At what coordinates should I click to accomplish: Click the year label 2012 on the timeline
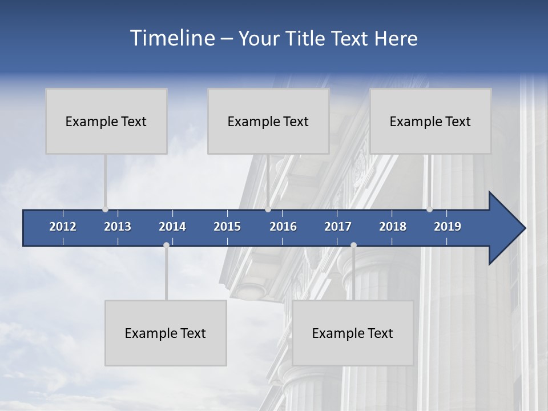(x=63, y=227)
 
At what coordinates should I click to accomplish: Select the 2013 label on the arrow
(x=118, y=227)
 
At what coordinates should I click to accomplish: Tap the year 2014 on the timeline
(x=172, y=227)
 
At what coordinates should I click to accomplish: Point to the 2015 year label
(x=227, y=227)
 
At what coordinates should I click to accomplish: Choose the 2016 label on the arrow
(x=283, y=227)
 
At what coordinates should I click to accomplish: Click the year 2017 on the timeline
(x=338, y=227)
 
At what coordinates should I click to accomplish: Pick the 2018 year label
(x=393, y=227)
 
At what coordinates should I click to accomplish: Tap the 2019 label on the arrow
(x=448, y=227)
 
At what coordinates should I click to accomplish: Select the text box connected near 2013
(x=106, y=121)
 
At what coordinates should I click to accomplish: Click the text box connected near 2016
(x=268, y=121)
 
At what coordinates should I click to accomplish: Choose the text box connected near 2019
(x=430, y=121)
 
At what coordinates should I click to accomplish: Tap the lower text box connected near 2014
(x=166, y=333)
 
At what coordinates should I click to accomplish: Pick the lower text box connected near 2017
(x=353, y=333)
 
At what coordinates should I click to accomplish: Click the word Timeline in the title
(x=171, y=38)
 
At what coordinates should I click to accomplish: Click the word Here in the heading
(x=396, y=38)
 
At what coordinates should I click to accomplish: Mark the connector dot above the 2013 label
(x=105, y=209)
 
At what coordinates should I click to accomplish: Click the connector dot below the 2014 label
(x=166, y=245)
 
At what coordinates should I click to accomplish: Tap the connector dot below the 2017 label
(x=353, y=245)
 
